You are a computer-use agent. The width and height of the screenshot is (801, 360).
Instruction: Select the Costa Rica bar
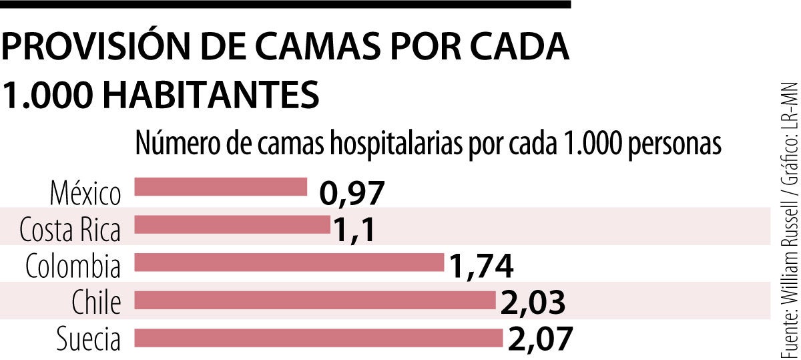(232, 225)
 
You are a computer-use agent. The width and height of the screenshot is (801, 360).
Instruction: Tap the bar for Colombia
(289, 262)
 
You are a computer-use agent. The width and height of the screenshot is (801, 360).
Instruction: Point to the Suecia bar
(318, 338)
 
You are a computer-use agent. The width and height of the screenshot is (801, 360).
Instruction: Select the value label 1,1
(354, 231)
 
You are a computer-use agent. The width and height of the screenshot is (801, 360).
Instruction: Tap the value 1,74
(481, 268)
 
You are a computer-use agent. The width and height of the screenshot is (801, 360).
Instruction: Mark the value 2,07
(540, 340)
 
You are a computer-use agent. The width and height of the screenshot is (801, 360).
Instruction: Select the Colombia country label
(73, 268)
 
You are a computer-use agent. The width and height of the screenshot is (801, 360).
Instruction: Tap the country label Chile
(97, 304)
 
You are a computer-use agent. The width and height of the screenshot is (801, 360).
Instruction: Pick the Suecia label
(89, 341)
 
